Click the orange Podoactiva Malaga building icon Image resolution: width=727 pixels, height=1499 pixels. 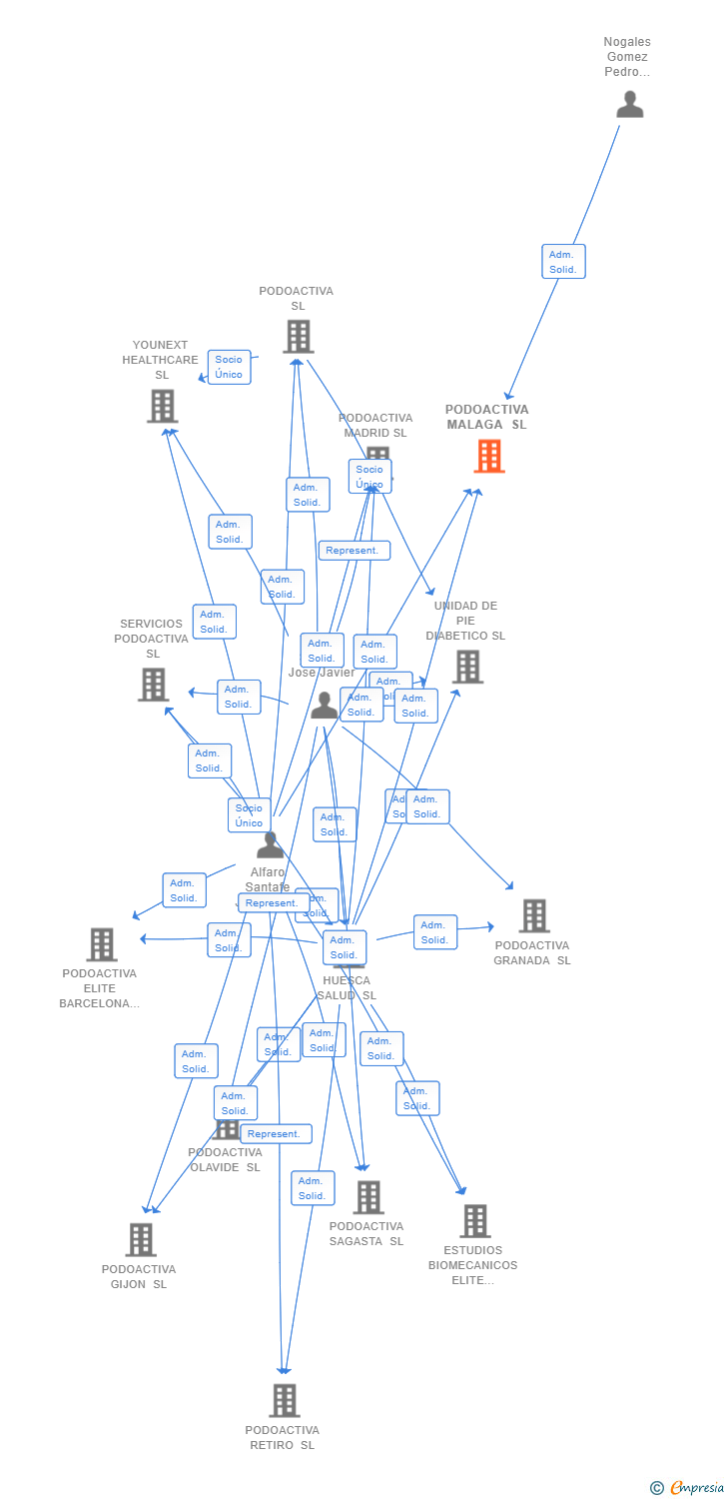coord(488,456)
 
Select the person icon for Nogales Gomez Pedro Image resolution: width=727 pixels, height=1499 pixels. coord(629,104)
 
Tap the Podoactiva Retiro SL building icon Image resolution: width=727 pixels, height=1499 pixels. coord(285,1400)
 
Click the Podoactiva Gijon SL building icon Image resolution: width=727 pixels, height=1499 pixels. coord(141,1239)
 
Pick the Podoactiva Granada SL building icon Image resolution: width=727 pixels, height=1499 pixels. coord(534,915)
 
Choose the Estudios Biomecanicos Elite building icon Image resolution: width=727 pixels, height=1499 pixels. coord(475,1220)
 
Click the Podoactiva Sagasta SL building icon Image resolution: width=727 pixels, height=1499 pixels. coord(368,1196)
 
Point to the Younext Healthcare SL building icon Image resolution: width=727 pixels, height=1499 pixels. coord(162,406)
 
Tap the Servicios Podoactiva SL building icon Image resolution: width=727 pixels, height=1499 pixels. coord(153,685)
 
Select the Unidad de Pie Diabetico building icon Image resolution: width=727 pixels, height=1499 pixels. coord(467,667)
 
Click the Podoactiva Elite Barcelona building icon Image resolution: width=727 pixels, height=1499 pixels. coord(101,943)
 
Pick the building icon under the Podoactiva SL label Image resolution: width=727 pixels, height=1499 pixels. coord(298,337)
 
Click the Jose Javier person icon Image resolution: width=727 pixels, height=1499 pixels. coord(324,706)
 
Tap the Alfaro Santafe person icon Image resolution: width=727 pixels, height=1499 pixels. coord(270,845)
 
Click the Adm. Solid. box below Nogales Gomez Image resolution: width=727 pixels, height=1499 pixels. coord(563,262)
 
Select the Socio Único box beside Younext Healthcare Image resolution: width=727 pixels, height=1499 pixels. coord(229,367)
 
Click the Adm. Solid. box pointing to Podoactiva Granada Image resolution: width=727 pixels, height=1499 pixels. coord(434,932)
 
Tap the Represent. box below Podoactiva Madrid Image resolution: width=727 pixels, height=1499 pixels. coord(354,551)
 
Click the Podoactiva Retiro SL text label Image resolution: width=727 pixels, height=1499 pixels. coord(282,1438)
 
